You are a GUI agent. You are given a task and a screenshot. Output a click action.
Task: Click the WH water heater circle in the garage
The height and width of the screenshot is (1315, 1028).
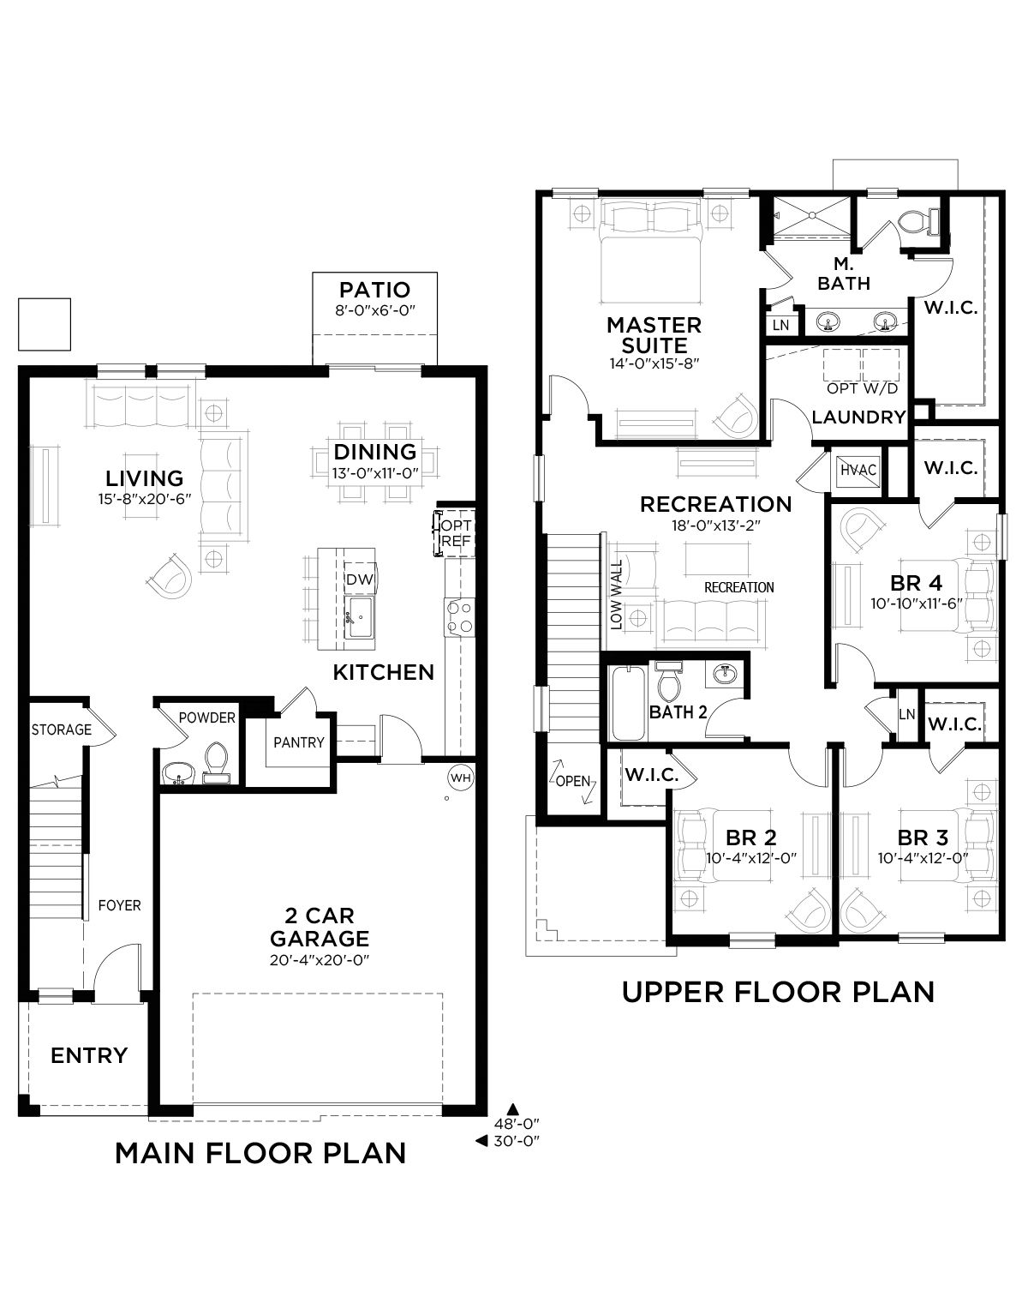coord(461,778)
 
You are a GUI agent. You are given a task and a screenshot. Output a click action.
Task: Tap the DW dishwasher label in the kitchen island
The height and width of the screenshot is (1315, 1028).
coord(359,579)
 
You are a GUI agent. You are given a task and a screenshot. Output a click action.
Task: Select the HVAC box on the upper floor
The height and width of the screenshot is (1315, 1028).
coord(858,469)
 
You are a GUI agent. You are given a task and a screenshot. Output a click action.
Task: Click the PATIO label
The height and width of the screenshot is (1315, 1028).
coord(374,290)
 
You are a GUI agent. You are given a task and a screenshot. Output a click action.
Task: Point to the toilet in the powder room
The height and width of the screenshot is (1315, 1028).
coord(215,762)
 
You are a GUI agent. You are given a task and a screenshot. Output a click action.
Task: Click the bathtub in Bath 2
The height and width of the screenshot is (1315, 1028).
coord(629,703)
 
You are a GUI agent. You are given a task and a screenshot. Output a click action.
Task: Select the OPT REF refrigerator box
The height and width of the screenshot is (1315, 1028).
coord(455,533)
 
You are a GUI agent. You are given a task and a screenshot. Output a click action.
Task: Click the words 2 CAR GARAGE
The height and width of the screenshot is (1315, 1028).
coord(320,927)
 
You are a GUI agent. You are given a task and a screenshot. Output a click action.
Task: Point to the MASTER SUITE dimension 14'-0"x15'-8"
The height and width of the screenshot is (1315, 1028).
coord(654,363)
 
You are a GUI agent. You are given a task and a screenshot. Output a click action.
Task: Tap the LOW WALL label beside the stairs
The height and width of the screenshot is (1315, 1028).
coord(616,595)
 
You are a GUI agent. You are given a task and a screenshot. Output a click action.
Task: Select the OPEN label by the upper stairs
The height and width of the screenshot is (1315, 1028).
coord(572,781)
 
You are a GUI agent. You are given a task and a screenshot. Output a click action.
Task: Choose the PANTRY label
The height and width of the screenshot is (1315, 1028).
coord(299,742)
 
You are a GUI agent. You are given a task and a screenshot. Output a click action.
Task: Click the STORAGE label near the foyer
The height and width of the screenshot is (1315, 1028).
coord(61,730)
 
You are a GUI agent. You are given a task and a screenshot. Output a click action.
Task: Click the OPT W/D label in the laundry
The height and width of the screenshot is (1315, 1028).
coord(863,388)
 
